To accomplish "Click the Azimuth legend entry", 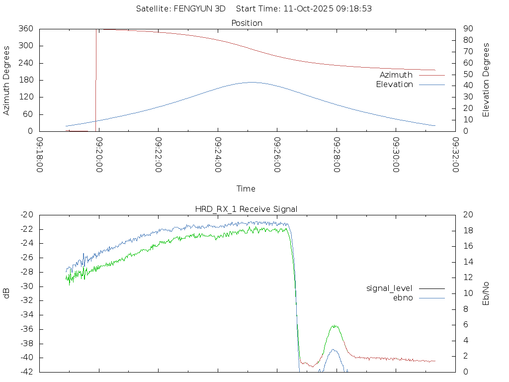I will [x=396, y=75].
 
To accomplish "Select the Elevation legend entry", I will [x=395, y=85].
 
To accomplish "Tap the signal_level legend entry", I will [x=389, y=288].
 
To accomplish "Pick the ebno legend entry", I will [x=403, y=297].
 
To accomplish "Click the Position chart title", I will [x=247, y=23].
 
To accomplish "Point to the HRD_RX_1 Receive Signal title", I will [x=247, y=209].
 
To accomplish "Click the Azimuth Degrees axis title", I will [x=6, y=80].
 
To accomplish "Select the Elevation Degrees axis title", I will [x=486, y=80].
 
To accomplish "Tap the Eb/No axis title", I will [x=486, y=293].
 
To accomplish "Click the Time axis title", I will [x=246, y=189].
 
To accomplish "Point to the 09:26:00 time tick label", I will [x=277, y=155].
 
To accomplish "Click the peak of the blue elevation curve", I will [x=252, y=82].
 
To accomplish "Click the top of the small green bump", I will [x=336, y=326].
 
